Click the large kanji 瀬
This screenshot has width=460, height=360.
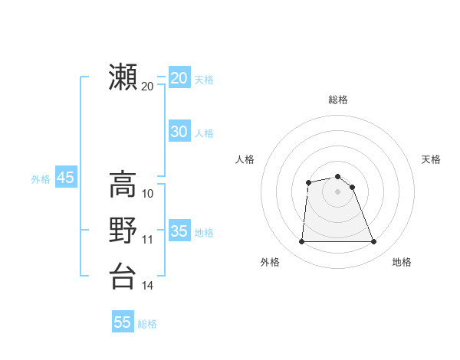coord(123,77)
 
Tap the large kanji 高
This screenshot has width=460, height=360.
coord(123,185)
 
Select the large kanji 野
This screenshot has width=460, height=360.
coord(123,230)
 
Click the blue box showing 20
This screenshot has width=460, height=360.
coord(179,78)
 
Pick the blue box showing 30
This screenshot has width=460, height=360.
coord(179,132)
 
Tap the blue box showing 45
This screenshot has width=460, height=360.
coord(65,178)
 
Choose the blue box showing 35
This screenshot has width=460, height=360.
coord(179,231)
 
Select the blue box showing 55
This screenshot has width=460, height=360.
coord(123,322)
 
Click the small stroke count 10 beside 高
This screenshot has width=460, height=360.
coord(148,193)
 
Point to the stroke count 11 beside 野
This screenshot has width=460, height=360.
coord(148,239)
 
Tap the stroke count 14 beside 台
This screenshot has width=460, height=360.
coord(148,285)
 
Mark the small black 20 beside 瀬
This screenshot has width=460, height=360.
coord(148,86)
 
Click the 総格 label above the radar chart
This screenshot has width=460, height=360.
coord(338,100)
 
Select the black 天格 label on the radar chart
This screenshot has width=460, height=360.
coord(431,159)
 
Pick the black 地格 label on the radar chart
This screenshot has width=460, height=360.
coord(402,262)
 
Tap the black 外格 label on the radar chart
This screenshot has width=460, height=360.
coord(270,262)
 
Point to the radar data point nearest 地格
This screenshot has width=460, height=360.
coord(374,242)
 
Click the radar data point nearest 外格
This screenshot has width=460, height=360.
coord(301,242)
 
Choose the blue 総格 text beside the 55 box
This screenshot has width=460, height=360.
coord(147,324)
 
